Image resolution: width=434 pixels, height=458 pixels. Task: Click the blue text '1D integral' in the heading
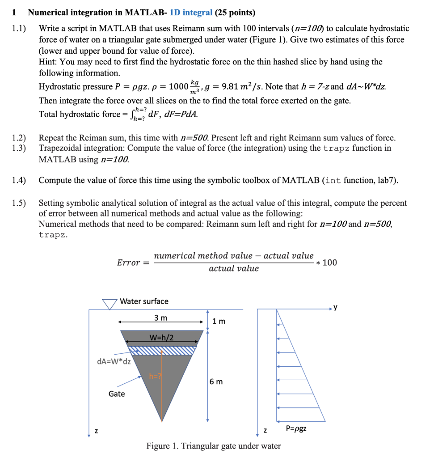(191, 13)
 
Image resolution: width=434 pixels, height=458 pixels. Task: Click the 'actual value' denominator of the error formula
(233, 268)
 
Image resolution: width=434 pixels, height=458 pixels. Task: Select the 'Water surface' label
(144, 301)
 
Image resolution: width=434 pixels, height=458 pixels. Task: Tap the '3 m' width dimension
(161, 318)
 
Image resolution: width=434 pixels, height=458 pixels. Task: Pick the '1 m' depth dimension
(219, 321)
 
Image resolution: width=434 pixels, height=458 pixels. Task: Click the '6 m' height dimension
(216, 382)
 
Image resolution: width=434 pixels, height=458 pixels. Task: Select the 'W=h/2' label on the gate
(161, 336)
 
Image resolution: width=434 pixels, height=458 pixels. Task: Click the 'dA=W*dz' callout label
(114, 361)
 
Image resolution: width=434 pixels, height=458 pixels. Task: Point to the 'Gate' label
(117, 394)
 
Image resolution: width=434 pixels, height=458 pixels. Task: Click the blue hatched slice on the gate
(161, 350)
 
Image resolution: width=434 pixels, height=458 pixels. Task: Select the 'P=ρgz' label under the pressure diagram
(296, 429)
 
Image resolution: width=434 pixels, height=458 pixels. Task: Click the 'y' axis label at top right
(336, 308)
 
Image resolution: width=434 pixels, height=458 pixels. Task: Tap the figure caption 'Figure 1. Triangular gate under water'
(214, 446)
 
